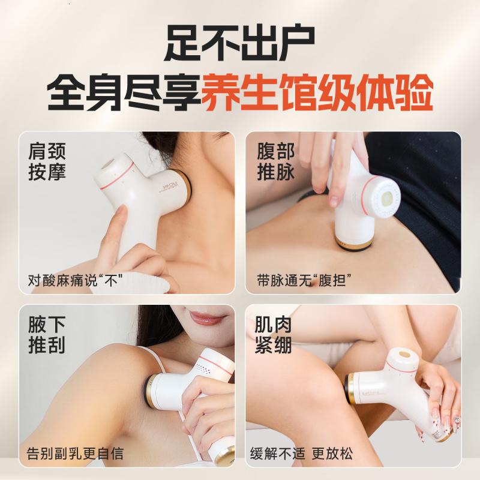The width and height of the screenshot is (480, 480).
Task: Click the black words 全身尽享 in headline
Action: click(x=124, y=95)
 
